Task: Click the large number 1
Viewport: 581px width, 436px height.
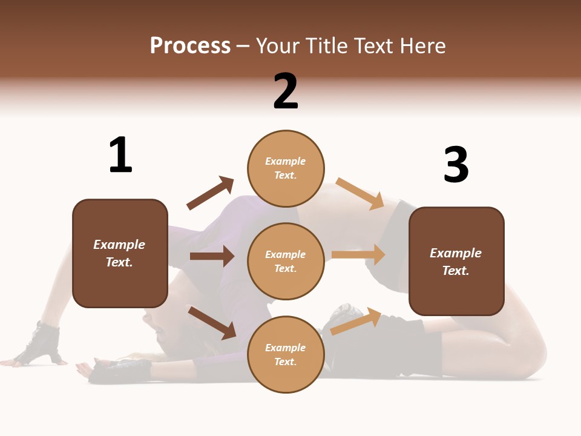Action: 120,155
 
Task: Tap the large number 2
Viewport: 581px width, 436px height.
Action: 286,91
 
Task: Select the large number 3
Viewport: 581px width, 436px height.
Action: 456,165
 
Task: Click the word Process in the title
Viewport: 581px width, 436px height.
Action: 190,45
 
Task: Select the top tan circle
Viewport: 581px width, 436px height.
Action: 286,168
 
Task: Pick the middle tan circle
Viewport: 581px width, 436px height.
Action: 286,261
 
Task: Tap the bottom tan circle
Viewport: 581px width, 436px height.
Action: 286,354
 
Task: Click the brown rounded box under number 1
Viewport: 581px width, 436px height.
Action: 120,253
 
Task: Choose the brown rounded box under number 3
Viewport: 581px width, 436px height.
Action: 456,262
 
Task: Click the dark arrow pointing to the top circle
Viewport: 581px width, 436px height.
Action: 211,193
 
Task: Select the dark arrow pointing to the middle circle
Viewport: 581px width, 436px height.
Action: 212,256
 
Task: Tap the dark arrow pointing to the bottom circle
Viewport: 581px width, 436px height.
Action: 212,323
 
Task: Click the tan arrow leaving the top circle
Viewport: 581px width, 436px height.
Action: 360,193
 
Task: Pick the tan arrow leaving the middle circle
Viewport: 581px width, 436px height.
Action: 358,254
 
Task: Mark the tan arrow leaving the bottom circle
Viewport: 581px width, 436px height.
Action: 356,321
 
